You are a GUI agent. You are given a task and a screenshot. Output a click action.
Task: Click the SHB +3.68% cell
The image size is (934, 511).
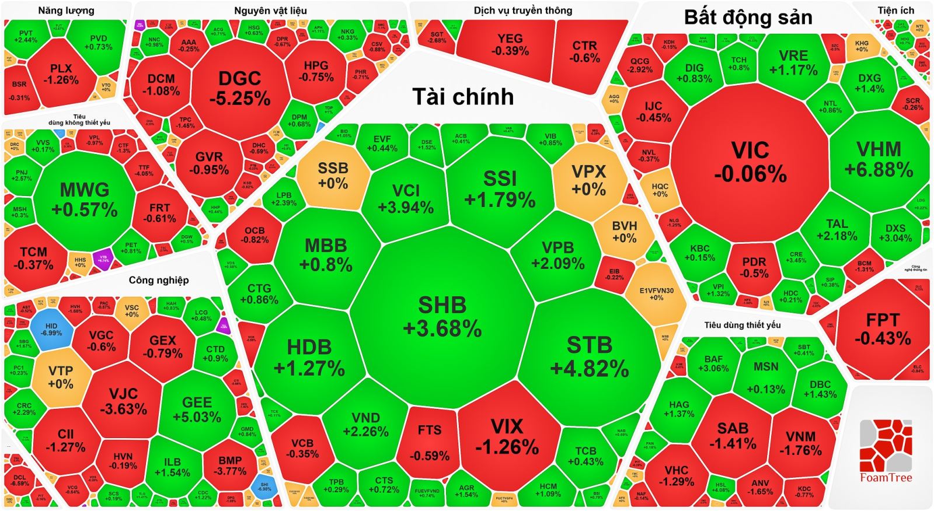pos(442,317)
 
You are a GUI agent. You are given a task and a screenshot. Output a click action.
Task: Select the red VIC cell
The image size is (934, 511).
pos(750,162)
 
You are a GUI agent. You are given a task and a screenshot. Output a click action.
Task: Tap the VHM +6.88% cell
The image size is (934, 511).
pos(879,159)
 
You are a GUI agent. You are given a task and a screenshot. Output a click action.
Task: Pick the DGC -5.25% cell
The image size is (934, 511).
pos(239,87)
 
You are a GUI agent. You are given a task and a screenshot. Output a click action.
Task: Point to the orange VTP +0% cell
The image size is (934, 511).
pos(61,377)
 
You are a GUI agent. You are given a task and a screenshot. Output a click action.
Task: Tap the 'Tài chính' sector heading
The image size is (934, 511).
pos(463,97)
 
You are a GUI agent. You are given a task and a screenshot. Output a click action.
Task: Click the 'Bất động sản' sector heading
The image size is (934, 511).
pos(748,17)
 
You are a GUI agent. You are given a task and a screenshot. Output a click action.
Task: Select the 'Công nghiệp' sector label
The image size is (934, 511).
pos(159,280)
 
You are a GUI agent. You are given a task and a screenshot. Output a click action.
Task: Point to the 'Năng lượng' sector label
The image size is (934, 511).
pos(66,10)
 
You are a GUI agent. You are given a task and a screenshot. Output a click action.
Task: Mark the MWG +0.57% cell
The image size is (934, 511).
pos(85,199)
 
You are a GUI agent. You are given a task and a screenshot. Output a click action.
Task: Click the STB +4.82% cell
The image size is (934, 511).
pos(589,356)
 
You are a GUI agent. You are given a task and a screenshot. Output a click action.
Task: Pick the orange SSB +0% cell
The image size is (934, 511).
pos(333,175)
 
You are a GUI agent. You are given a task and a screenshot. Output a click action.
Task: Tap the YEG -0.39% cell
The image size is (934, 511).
pos(510,44)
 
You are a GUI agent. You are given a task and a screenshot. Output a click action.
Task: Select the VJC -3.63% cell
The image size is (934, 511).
pos(123,401)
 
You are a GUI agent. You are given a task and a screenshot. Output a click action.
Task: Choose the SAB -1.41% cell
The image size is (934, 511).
pos(732,435)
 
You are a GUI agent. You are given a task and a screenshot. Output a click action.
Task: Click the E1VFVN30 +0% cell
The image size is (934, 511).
pos(656,293)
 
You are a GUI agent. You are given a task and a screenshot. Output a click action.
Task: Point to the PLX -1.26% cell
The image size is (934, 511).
pos(61,74)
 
